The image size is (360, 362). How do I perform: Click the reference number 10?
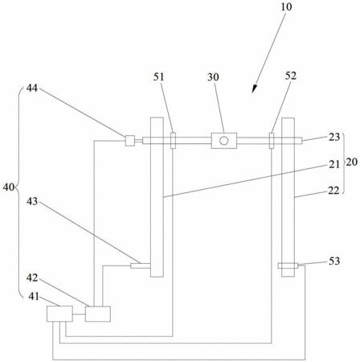[x=286, y=6]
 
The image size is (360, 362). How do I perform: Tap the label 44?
[x=32, y=88]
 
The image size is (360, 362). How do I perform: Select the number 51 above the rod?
[x=158, y=77]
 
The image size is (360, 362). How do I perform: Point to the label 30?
[x=213, y=77]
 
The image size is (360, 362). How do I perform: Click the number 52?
[x=291, y=76]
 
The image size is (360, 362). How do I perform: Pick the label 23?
[x=334, y=137]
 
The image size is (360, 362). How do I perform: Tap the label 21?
[x=334, y=164]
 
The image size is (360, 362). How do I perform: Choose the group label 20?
[x=352, y=162]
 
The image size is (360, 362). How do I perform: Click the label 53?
[x=334, y=261]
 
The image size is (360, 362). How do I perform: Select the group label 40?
[x=8, y=187]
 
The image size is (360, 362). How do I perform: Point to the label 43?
[x=32, y=201]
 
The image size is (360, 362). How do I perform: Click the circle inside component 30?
[x=224, y=141]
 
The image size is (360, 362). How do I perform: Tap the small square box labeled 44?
[x=130, y=141]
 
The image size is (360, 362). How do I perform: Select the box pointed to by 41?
[x=59, y=314]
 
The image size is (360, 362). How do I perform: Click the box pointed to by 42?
[x=98, y=314]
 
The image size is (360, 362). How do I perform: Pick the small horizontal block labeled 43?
[x=141, y=265]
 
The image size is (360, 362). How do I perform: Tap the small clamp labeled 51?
[x=173, y=141]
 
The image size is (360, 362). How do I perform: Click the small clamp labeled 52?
[x=272, y=140]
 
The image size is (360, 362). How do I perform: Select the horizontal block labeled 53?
[x=288, y=265]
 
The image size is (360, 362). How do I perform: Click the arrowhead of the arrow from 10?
[x=254, y=89]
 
